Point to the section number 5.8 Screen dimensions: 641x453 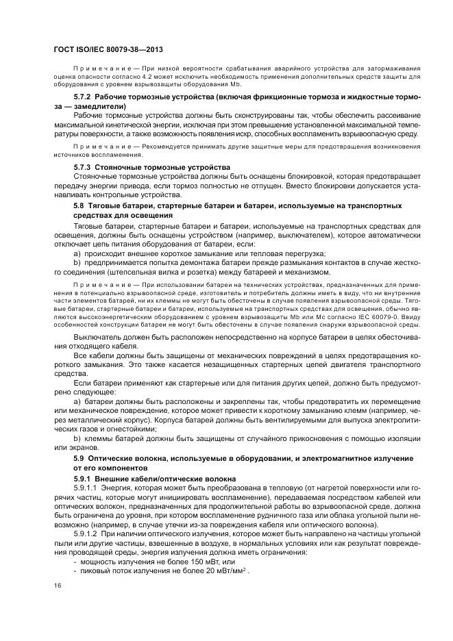click(77, 205)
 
